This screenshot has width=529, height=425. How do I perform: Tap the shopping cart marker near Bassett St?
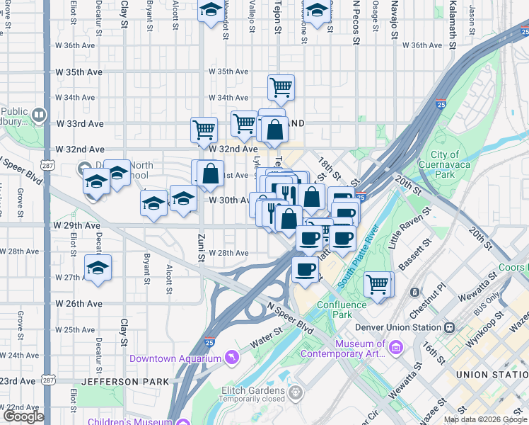click(378, 284)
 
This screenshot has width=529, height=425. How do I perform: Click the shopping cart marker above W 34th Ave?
click(281, 87)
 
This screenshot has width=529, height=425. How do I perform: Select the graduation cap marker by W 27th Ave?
click(98, 268)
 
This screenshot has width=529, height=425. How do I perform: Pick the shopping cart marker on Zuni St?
click(204, 130)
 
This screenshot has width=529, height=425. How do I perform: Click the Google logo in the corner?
click(23, 416)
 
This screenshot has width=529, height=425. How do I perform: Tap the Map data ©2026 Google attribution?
click(486, 419)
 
